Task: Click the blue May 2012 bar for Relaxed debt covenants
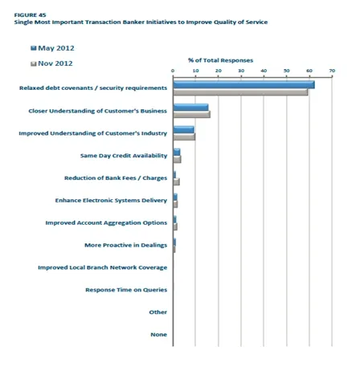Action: pos(243,84)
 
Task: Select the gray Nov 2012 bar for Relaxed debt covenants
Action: pos(240,92)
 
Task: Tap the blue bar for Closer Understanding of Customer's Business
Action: pos(190,107)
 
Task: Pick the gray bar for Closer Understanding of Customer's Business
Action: pos(192,114)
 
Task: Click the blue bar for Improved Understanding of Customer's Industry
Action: pos(183,129)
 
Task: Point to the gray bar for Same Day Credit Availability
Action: pos(177,159)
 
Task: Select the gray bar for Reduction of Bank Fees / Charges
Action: pos(177,181)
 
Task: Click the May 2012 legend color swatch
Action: pos(34,48)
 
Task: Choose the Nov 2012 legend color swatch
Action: pos(34,63)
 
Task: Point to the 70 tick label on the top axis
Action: pos(332,71)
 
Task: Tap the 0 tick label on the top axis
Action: pos(173,71)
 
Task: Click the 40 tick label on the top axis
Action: pos(264,71)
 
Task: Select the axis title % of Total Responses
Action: pos(220,60)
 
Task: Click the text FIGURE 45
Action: pos(30,15)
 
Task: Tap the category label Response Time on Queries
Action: pos(126,290)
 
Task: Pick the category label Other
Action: pos(158,312)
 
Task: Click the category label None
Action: pos(158,335)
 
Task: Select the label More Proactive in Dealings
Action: pos(125,245)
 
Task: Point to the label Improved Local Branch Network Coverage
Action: pos(102,267)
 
